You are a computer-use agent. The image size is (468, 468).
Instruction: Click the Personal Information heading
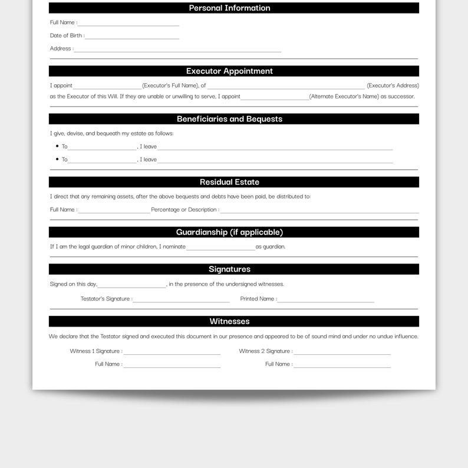pyautogui.click(x=229, y=8)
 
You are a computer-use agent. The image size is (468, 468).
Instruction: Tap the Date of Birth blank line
pyautogui.click(x=132, y=38)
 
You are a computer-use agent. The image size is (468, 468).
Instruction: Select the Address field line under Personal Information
pyautogui.click(x=177, y=51)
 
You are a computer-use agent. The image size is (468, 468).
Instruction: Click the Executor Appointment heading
pyautogui.click(x=229, y=71)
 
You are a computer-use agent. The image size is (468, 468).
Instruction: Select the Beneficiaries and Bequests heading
pyautogui.click(x=229, y=119)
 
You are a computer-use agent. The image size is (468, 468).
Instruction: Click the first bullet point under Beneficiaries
pyautogui.click(x=57, y=146)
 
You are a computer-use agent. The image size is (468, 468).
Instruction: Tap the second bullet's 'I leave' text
pyautogui.click(x=149, y=160)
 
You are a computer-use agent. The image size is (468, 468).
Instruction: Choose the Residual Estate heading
pyautogui.click(x=229, y=182)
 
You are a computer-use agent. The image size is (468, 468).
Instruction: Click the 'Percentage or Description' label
pyautogui.click(x=184, y=210)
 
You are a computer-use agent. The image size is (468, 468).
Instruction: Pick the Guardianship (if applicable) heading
pyautogui.click(x=229, y=232)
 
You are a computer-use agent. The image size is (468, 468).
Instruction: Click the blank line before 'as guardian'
pyautogui.click(x=220, y=249)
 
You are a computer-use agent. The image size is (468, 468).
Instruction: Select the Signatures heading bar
pyautogui.click(x=229, y=269)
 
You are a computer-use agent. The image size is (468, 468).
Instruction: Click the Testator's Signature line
pyautogui.click(x=181, y=301)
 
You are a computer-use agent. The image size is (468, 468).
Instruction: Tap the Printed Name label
pyautogui.click(x=258, y=299)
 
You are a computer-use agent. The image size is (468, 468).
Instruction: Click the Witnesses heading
pyautogui.click(x=229, y=322)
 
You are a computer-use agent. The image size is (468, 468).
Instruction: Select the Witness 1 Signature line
pyautogui.click(x=172, y=354)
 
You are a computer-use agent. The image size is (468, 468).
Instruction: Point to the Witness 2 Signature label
pyautogui.click(x=265, y=351)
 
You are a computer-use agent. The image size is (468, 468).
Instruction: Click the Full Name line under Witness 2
pyautogui.click(x=342, y=367)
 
